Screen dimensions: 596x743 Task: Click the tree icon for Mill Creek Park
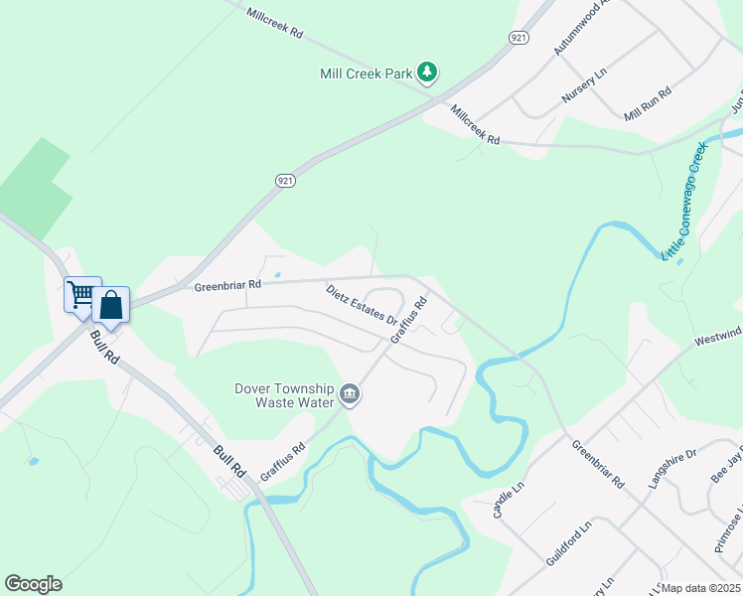click(x=427, y=73)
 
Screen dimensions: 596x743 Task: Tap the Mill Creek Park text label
click(x=366, y=74)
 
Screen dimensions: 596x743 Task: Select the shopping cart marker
click(x=81, y=294)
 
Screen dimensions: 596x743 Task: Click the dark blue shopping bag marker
click(x=111, y=305)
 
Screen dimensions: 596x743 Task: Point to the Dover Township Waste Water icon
click(x=350, y=395)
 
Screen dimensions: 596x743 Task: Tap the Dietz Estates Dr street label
click(x=362, y=306)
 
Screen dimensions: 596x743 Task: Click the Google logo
click(x=33, y=584)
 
